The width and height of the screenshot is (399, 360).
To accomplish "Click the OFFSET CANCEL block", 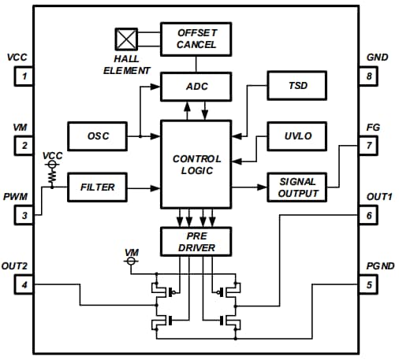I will click(196, 37).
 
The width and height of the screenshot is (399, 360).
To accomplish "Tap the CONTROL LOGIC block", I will click(196, 165).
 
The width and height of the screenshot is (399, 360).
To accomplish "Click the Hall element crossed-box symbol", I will click(126, 39).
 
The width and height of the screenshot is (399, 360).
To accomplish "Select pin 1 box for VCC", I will click(24, 76).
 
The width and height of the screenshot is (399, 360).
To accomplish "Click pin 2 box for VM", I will click(24, 146).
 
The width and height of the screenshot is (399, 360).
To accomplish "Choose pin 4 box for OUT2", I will click(24, 284).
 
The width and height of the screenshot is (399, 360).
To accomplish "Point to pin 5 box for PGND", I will click(368, 284).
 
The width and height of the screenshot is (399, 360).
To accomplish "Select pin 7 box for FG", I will click(368, 146).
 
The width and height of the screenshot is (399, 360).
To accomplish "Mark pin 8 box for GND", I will click(368, 76).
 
